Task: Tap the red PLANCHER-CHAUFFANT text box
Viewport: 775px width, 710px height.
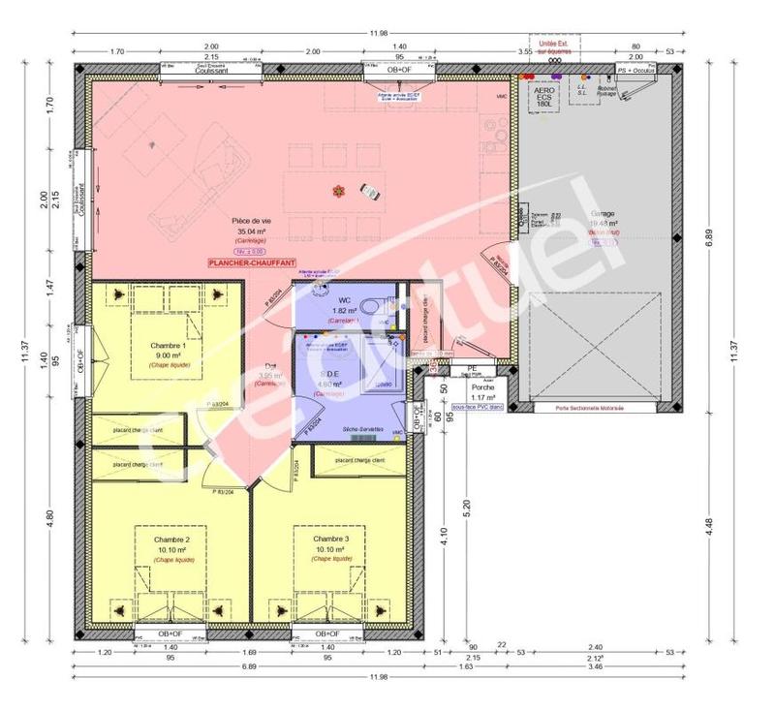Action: point(251,262)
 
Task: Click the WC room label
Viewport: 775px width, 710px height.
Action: point(344,299)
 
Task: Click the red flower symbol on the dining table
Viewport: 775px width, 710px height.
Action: point(337,190)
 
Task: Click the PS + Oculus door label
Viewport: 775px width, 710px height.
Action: point(636,71)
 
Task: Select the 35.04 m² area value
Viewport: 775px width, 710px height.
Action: point(251,232)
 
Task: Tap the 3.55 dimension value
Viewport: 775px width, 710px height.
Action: point(524,49)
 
